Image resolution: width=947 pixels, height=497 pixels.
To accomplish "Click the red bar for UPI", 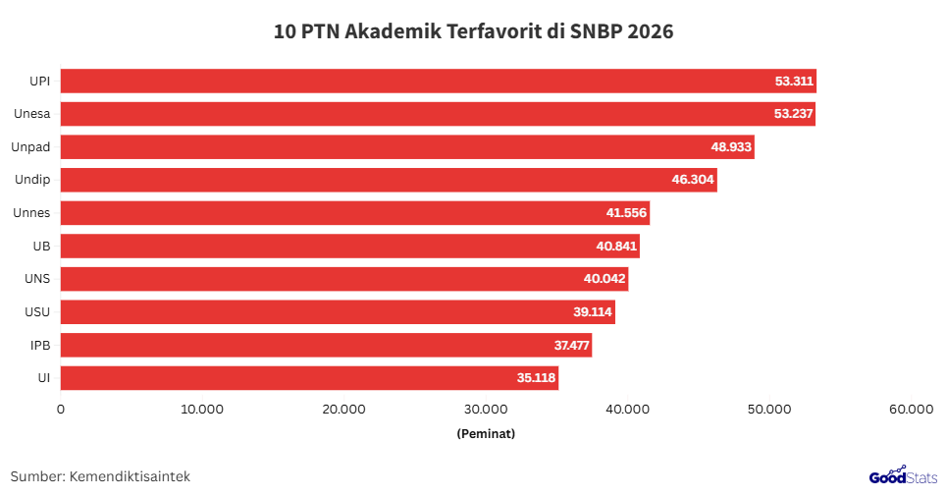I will (x=438, y=81).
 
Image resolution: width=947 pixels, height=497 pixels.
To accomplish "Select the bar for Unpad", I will (x=407, y=147).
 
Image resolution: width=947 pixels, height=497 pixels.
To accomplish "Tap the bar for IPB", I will (x=326, y=345).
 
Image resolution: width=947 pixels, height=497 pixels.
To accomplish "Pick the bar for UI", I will (x=309, y=378).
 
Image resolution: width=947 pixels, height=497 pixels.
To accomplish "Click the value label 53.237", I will (x=793, y=114).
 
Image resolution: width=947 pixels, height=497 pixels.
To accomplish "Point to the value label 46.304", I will (x=693, y=180).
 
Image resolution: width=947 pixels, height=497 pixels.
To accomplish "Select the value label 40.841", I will (x=615, y=247).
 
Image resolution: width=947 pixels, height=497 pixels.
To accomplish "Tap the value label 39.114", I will (x=592, y=312).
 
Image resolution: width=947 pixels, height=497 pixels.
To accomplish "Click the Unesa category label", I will (x=32, y=114).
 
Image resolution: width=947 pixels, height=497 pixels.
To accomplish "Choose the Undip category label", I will (x=32, y=180).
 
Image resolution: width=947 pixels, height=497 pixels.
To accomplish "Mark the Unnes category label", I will (x=32, y=213).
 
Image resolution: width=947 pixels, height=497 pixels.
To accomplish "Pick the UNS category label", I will (x=37, y=279).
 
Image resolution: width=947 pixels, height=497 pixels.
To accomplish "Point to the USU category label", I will (x=37, y=312).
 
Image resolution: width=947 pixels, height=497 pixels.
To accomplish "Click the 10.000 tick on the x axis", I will (x=202, y=409).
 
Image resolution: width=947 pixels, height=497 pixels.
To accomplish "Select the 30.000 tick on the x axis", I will (x=486, y=409).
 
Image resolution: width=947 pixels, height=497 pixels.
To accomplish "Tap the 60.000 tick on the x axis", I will (x=910, y=409).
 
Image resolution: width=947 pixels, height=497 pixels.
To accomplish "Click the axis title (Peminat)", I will (x=486, y=433).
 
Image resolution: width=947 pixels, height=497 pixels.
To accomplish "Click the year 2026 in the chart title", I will (x=646, y=31).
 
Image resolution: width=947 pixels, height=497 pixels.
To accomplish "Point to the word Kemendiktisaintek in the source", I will (x=130, y=476).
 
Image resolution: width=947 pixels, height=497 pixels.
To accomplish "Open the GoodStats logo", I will (x=903, y=475).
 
